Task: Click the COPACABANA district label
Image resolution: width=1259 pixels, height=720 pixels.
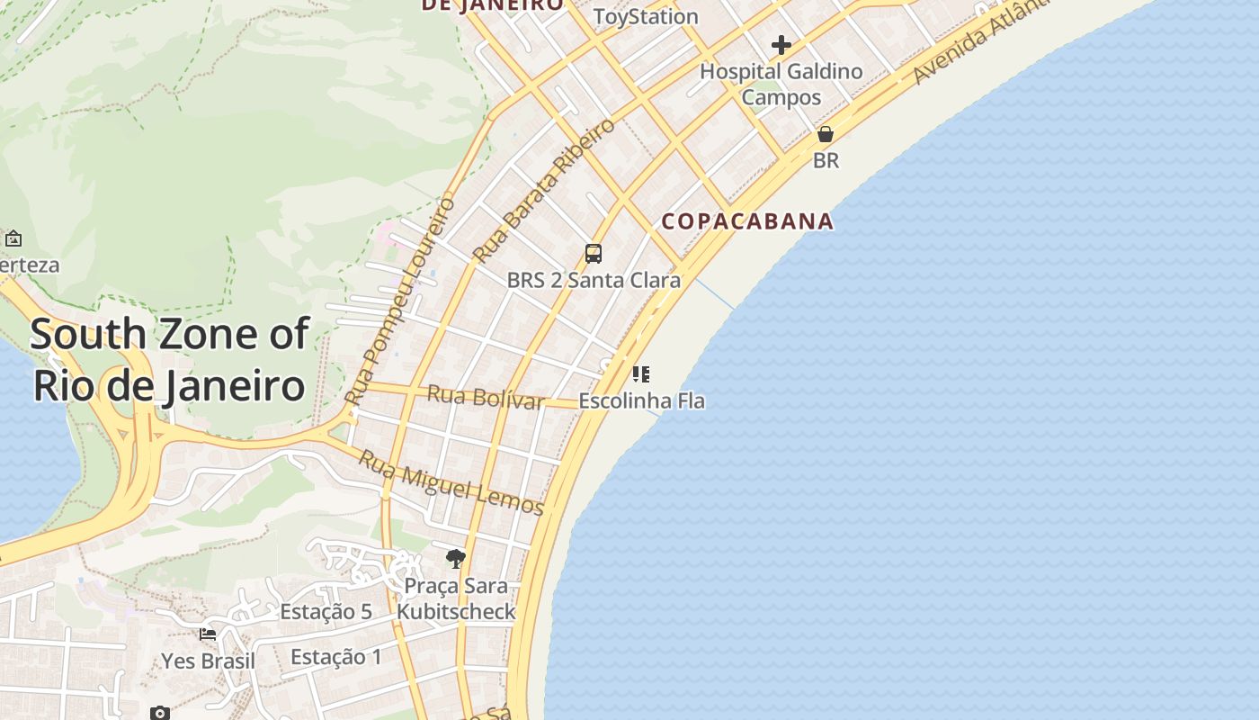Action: point(747,221)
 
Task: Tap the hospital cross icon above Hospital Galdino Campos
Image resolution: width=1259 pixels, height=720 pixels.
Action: point(781,44)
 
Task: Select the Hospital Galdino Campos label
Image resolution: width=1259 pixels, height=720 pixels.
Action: point(781,84)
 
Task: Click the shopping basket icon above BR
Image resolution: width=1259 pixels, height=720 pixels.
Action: point(825,135)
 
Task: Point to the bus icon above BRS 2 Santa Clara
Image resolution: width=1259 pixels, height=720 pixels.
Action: point(594,254)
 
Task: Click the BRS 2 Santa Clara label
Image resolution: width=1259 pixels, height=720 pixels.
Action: point(594,280)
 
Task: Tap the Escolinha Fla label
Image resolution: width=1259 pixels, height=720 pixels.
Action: point(641,400)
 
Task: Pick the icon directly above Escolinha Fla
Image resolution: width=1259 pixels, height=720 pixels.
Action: point(640,374)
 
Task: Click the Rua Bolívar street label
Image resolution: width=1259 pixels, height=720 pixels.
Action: point(486,397)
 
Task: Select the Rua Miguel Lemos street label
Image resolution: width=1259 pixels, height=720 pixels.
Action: point(451,483)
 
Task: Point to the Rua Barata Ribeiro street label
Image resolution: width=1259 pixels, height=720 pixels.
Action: point(544,190)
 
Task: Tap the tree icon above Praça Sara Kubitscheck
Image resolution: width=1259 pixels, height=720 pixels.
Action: point(456,559)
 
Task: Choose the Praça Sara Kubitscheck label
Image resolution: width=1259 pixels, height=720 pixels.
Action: point(456,599)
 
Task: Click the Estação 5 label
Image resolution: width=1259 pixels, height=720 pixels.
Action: point(326,612)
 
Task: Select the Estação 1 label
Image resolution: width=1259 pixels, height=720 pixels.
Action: point(336,657)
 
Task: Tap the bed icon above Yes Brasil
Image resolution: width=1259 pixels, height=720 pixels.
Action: point(208,634)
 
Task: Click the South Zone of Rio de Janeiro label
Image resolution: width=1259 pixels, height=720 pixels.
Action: point(169,360)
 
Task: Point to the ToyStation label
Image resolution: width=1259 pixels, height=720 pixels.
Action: point(646,16)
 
